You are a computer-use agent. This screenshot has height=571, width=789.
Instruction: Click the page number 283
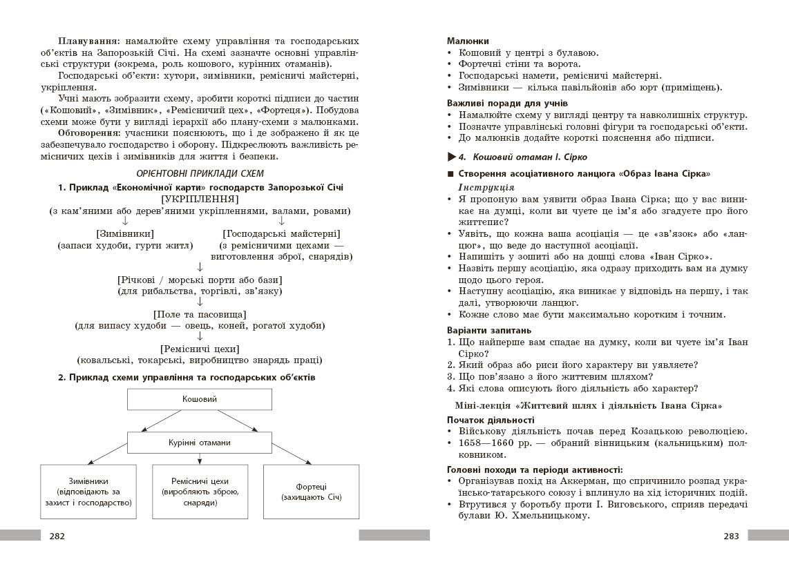(x=731, y=536)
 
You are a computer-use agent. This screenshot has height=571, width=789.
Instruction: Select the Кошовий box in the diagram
(x=200, y=400)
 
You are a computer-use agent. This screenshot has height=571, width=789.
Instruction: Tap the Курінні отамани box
(x=200, y=443)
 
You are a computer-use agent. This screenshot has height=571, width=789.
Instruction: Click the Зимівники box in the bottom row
(x=88, y=492)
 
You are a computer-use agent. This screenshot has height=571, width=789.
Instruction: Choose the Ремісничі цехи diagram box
(x=200, y=492)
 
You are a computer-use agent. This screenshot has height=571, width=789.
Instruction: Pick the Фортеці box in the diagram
(x=311, y=492)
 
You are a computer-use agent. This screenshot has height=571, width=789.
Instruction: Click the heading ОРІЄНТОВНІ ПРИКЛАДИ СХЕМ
(x=200, y=173)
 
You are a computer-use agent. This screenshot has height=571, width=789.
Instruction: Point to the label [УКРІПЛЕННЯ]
(x=200, y=199)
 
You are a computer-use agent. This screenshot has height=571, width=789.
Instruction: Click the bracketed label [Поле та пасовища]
(x=200, y=313)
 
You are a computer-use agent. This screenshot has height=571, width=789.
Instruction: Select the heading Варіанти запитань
(x=489, y=330)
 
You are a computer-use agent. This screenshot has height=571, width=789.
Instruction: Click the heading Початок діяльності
(x=491, y=419)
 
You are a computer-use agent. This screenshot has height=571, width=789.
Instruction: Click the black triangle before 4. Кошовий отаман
(x=452, y=157)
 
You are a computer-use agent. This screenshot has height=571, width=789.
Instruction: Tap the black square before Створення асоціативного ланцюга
(x=450, y=174)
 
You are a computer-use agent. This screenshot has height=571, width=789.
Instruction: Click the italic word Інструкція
(x=486, y=187)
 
